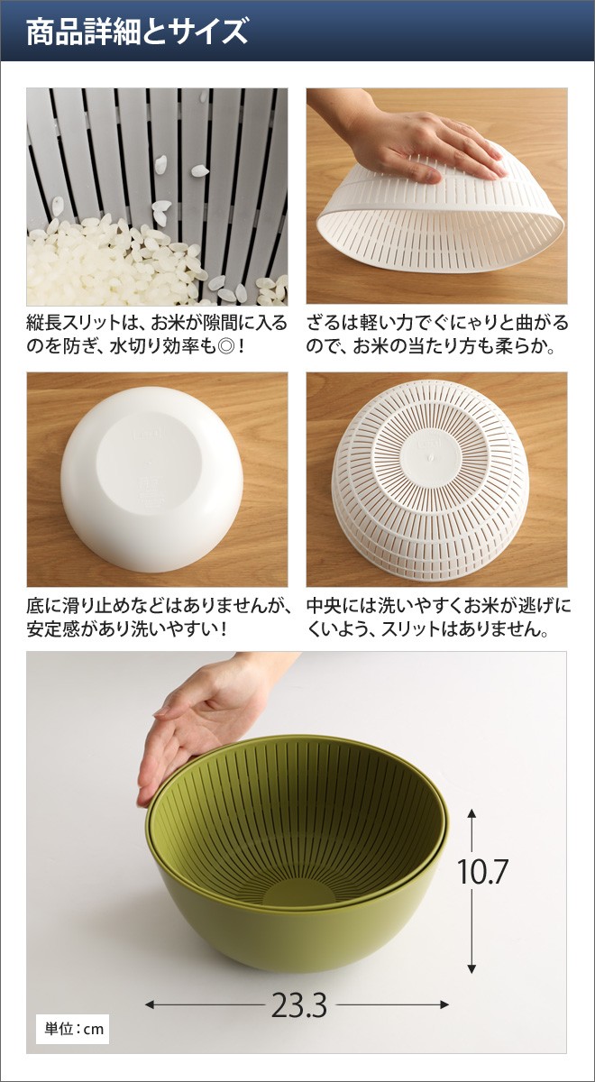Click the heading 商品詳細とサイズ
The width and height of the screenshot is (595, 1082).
pyautogui.click(x=137, y=32)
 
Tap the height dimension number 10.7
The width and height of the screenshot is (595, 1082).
pyautogui.click(x=482, y=872)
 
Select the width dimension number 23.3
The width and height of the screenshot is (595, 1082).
pyautogui.click(x=299, y=1005)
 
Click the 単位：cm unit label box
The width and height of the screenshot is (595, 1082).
pyautogui.click(x=73, y=1029)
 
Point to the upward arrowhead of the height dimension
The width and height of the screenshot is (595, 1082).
pyautogui.click(x=471, y=813)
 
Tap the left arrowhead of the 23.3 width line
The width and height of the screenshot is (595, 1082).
pyautogui.click(x=151, y=1004)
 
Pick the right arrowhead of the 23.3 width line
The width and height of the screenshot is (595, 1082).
pyautogui.click(x=444, y=1004)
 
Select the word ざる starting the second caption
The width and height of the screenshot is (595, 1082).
pyautogui.click(x=325, y=322)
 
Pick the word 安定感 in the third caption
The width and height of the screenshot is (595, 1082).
pyautogui.click(x=53, y=629)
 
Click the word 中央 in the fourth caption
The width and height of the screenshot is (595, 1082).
pyautogui.click(x=325, y=605)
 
